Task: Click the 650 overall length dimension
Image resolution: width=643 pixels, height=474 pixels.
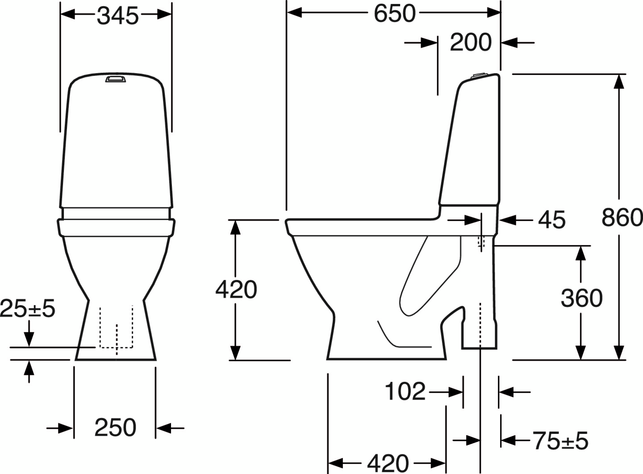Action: point(395,13)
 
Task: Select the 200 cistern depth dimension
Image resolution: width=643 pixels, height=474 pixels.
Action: point(470,43)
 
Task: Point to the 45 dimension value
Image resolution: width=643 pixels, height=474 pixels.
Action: point(551,220)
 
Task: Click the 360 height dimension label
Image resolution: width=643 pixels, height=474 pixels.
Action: point(581,298)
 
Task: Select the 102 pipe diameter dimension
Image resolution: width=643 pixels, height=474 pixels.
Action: point(405,392)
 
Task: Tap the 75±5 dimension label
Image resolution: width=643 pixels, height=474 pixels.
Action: point(560,441)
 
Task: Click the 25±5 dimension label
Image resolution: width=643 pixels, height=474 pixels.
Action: point(28,308)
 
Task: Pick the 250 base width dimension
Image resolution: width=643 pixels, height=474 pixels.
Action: point(115,428)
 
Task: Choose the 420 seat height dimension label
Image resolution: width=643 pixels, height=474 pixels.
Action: point(236,289)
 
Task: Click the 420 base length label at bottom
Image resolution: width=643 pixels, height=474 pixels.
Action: point(388,463)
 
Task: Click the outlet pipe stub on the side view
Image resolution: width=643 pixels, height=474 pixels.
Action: point(479,326)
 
